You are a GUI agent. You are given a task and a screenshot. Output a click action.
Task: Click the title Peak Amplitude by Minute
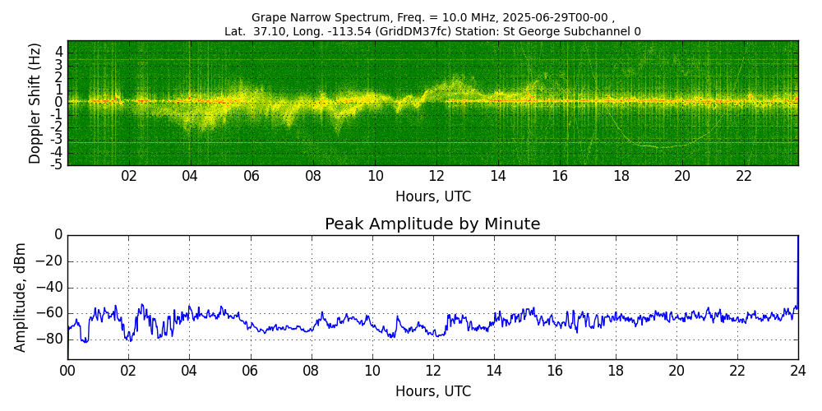432,224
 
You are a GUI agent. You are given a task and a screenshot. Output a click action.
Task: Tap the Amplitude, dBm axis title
20,299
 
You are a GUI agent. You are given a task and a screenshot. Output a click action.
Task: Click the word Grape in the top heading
266,17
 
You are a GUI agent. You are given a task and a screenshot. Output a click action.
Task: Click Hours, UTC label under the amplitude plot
433,391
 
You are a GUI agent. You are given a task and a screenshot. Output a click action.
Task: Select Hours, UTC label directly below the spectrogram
433,196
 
